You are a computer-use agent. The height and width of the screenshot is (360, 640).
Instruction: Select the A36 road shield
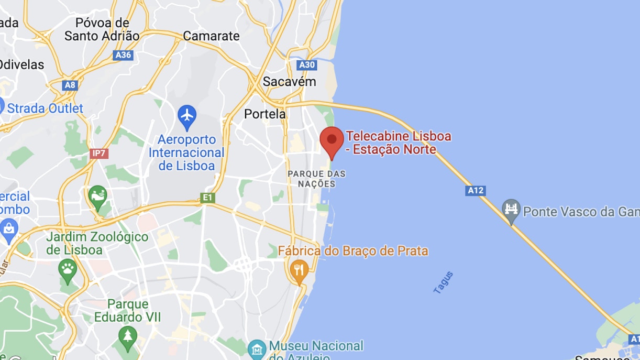pos(123,55)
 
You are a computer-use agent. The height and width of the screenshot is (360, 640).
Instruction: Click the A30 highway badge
pos(306,65)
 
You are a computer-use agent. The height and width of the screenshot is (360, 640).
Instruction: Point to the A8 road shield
pos(69,85)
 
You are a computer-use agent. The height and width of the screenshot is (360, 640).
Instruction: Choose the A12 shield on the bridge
pos(475,191)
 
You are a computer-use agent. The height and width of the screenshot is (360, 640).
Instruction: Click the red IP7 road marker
pos(98,154)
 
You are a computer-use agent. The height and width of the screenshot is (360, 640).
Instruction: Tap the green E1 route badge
pos(207,198)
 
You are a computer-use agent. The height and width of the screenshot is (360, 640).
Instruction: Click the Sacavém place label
pos(289,82)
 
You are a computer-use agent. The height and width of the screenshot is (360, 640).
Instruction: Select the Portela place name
pos(265,114)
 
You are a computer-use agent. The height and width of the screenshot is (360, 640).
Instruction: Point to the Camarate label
pos(211,36)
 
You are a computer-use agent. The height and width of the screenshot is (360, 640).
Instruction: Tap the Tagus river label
pos(443,282)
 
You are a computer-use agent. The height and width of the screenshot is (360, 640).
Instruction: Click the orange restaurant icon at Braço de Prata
pos(299,270)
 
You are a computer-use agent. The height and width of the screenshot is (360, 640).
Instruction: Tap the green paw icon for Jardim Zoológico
pos(68,269)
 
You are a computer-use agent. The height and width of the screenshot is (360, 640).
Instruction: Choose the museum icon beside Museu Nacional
pos(257,348)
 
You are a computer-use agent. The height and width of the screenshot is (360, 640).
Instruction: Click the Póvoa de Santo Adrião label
pos(102,29)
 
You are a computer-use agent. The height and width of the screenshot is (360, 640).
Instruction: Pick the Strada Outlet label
pos(45,108)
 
